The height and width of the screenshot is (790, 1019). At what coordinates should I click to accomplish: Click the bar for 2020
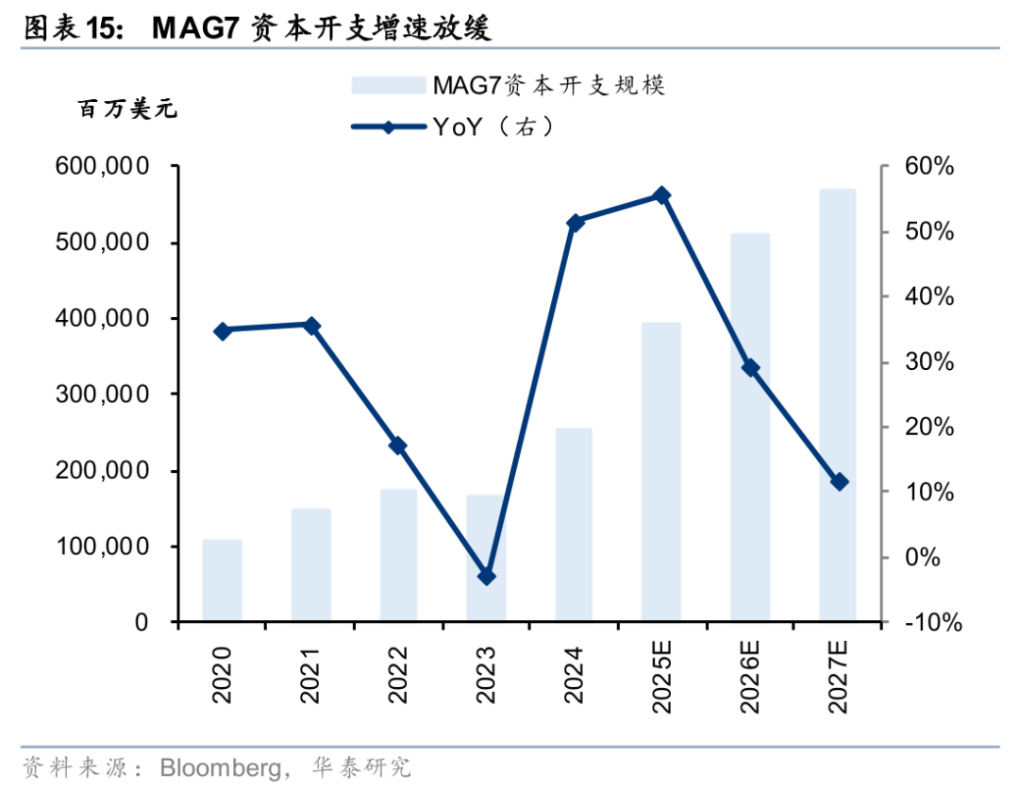tap(222, 580)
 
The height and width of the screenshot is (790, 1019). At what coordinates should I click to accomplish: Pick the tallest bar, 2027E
tap(837, 406)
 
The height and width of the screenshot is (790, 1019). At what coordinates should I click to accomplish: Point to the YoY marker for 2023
tap(486, 576)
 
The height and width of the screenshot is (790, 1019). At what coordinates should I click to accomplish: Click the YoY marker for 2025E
tap(661, 195)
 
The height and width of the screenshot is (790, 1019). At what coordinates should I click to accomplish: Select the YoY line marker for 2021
tap(311, 326)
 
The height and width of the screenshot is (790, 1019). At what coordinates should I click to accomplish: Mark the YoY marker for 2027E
tap(839, 481)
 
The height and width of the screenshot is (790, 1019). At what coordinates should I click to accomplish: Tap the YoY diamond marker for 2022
tap(398, 445)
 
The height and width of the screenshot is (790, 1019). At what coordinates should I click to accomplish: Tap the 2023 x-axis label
tap(487, 675)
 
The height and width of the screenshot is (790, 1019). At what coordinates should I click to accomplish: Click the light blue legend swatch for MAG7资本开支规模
tap(388, 86)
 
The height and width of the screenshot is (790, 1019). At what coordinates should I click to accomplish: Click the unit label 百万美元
tap(126, 109)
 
